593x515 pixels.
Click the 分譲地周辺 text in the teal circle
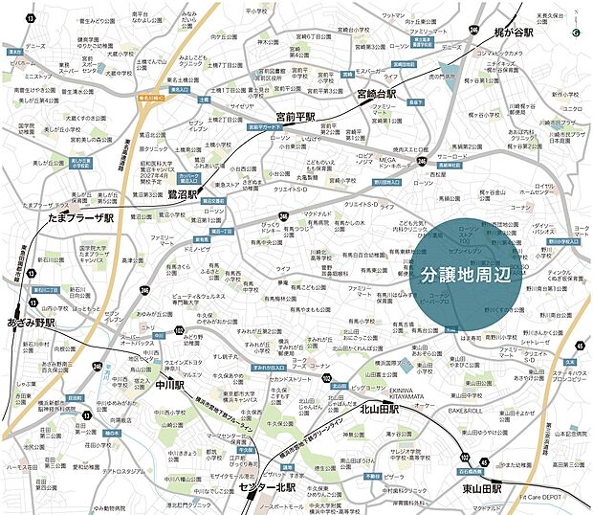469,273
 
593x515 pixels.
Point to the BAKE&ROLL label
464,409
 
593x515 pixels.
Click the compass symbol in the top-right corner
576,32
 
